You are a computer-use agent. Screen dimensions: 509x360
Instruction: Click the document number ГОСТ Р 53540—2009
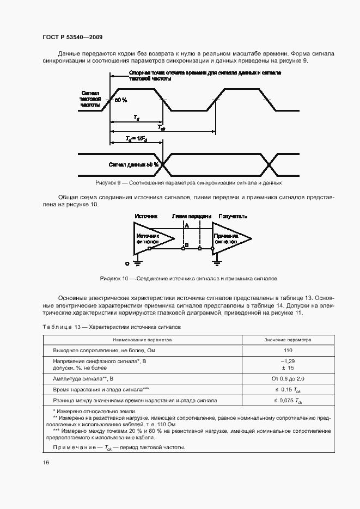pos(72,37)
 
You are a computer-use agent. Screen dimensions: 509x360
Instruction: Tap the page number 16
pos(46,462)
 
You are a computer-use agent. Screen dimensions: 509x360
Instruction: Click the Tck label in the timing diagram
pos(162,128)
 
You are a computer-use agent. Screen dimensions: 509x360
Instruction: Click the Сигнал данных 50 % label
pos(133,164)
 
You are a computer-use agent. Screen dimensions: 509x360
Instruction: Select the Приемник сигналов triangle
pos(229,237)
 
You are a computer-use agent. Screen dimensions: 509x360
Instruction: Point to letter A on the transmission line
pos(186,225)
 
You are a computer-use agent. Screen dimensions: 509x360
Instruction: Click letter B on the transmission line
pos(186,246)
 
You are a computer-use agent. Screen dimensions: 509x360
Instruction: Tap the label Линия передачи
pos(191,216)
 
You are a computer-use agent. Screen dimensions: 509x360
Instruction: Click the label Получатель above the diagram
pos(233,216)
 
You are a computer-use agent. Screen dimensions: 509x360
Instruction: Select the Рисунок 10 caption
pos(188,278)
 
